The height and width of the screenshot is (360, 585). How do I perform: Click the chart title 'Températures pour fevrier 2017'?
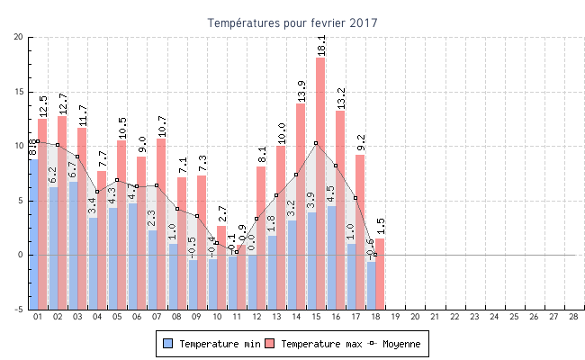click(x=292, y=22)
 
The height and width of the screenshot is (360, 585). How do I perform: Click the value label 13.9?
click(x=301, y=91)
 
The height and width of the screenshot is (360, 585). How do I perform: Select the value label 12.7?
click(x=62, y=103)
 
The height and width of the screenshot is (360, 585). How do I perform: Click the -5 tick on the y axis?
click(x=19, y=310)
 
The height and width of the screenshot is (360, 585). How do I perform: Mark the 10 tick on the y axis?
click(x=19, y=146)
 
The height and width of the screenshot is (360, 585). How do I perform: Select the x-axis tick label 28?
click(x=573, y=317)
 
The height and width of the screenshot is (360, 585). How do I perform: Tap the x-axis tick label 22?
click(x=454, y=317)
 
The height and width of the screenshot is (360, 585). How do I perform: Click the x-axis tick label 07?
click(x=157, y=317)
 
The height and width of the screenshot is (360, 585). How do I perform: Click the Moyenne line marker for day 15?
click(x=316, y=143)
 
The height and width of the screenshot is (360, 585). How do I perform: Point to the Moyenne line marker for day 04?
click(x=97, y=192)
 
